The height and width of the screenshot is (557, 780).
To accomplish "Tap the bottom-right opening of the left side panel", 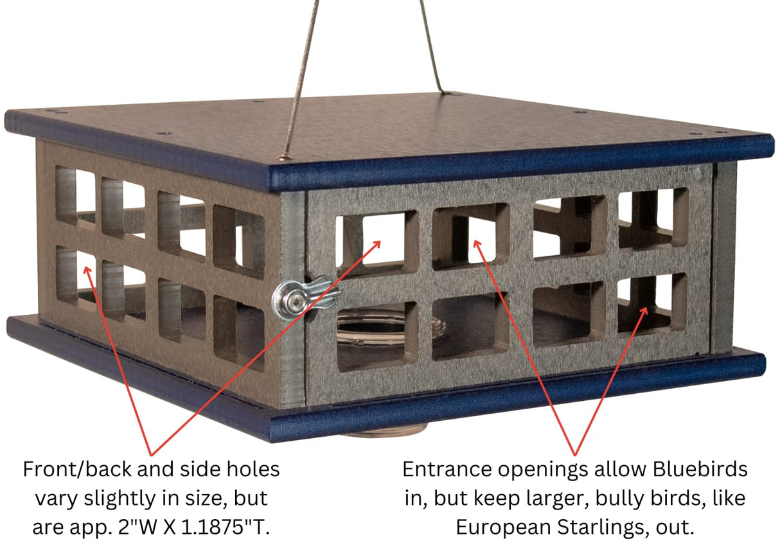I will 238,332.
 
